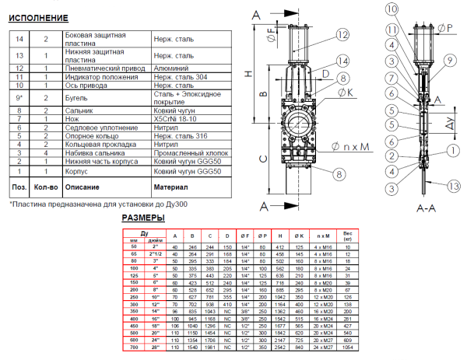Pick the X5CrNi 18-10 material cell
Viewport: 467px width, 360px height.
[176, 118]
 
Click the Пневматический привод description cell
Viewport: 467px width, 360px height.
[103, 68]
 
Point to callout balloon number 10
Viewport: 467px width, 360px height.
[392, 9]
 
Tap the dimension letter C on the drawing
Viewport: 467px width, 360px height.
[262, 158]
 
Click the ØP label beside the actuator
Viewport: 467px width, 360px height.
[447, 27]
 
